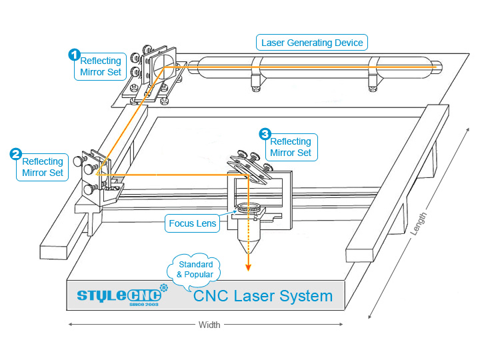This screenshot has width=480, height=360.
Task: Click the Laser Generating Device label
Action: [312, 43]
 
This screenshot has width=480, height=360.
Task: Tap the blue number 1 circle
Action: [75, 54]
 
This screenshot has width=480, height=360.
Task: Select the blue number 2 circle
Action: [15, 155]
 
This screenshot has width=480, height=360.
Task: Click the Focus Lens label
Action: [193, 223]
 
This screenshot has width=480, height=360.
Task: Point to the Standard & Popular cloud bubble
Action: [195, 269]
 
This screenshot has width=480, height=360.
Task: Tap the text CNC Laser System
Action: [262, 296]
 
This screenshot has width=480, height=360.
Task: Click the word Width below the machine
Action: [210, 325]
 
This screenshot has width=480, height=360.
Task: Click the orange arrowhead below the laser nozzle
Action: [248, 269]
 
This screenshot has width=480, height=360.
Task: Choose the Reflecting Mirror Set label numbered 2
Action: [43, 167]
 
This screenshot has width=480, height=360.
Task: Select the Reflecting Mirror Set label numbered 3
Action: [290, 147]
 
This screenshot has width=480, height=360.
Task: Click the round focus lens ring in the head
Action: [248, 209]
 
